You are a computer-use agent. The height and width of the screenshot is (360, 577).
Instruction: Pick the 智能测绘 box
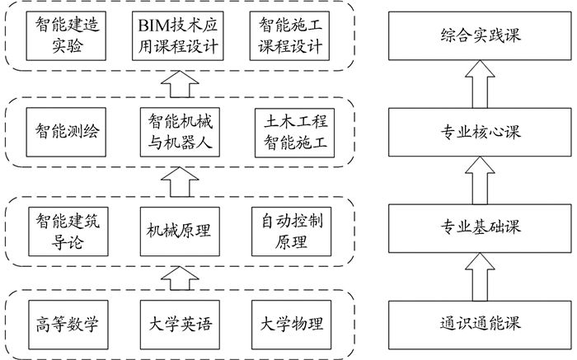(x=62, y=132)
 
